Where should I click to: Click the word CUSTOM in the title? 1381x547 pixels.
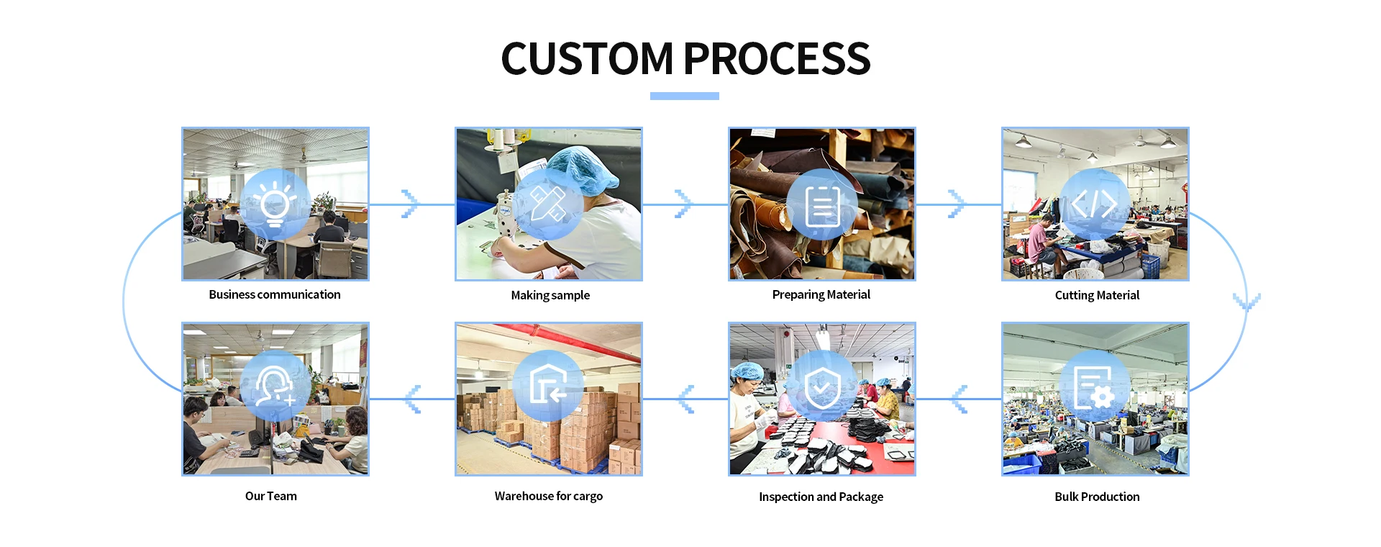click(x=586, y=58)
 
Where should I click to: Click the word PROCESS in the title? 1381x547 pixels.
click(x=777, y=58)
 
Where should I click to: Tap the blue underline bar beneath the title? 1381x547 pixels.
click(x=684, y=96)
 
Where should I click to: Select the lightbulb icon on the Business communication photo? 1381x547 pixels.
click(x=275, y=204)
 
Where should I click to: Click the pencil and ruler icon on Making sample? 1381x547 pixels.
click(x=548, y=204)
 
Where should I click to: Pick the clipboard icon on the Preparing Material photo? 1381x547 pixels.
click(x=822, y=206)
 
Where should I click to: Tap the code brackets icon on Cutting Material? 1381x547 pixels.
click(x=1095, y=204)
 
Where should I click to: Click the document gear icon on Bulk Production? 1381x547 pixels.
click(x=1094, y=387)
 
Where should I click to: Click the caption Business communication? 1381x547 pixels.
click(x=275, y=294)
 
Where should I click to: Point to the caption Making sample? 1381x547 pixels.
click(x=550, y=295)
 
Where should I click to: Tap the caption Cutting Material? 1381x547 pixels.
click(x=1097, y=295)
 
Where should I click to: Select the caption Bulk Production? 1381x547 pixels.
click(x=1097, y=497)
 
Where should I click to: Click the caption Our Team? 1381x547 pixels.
click(x=270, y=496)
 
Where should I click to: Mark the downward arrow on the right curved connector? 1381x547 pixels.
click(x=1246, y=302)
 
